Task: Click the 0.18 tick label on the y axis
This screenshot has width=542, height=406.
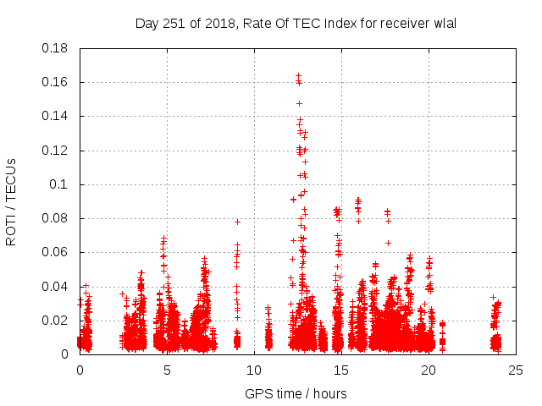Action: (58, 48)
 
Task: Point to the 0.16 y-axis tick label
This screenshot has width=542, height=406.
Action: (58, 82)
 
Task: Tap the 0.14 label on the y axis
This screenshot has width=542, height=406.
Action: (58, 116)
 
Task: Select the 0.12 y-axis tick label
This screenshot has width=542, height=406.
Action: (58, 151)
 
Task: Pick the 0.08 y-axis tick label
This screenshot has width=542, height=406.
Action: (58, 218)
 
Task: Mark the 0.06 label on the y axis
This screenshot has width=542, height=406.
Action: (58, 252)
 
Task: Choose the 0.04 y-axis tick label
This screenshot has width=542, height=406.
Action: (58, 286)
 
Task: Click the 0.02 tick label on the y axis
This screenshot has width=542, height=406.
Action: (58, 320)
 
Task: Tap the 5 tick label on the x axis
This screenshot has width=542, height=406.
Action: (168, 370)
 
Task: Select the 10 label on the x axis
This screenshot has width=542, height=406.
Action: (254, 370)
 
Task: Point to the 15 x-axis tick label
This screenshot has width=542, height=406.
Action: (341, 370)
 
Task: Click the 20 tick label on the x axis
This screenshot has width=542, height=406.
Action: (429, 370)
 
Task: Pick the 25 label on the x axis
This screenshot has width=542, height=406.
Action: (515, 370)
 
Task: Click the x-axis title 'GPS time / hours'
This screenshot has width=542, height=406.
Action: (296, 393)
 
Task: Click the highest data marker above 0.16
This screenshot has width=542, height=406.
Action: (298, 75)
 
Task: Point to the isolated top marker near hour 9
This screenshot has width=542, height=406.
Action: (238, 222)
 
